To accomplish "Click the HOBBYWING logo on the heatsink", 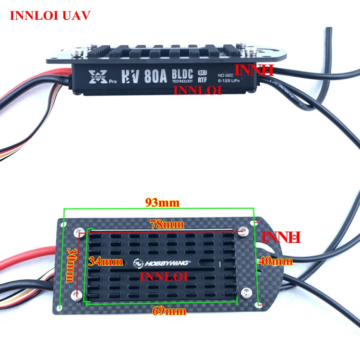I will coord(164,263).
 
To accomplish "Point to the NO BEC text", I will coord(228,76).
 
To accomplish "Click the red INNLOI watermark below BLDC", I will coord(197,90).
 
